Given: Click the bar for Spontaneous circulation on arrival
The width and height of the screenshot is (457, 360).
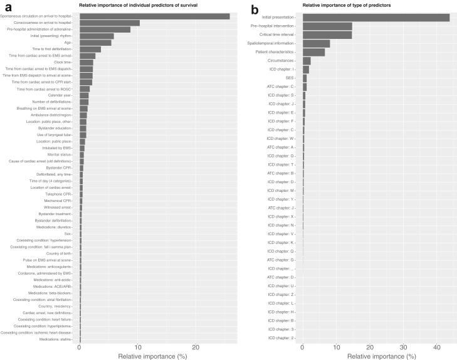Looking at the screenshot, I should click(154, 16).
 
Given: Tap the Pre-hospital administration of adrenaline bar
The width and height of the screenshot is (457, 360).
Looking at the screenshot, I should click(105, 29).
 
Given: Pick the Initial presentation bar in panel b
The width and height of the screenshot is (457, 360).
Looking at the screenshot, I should click(376, 18).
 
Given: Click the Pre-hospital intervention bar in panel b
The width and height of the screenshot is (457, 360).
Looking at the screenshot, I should click(327, 26).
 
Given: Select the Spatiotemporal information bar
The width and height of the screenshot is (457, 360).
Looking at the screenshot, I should click(316, 43).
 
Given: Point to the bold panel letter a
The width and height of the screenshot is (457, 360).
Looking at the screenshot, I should click(8, 9).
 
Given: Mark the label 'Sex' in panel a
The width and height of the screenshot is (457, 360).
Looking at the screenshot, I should click(68, 233).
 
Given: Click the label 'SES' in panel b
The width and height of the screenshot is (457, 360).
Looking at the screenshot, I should click(289, 78).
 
